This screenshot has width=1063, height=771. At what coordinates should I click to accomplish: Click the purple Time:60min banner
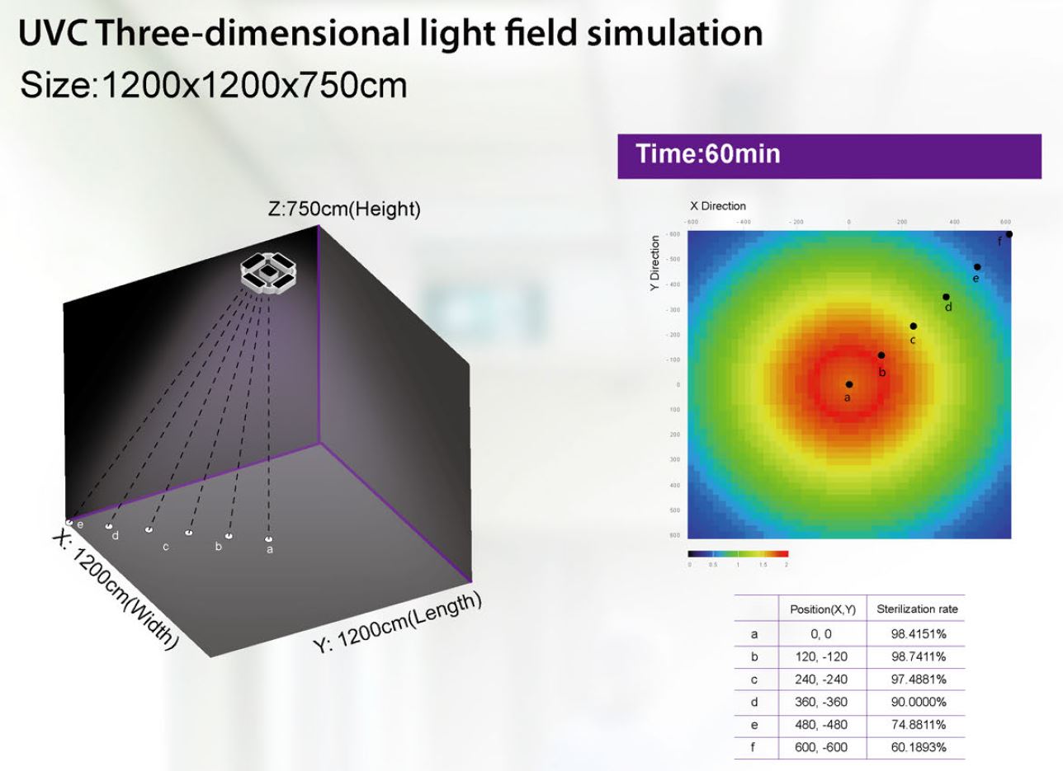click(829, 155)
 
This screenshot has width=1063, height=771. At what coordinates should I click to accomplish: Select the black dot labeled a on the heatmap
click(849, 384)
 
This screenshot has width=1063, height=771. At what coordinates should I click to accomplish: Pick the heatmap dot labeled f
click(1009, 234)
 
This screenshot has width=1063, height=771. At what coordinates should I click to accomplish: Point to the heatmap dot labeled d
click(946, 297)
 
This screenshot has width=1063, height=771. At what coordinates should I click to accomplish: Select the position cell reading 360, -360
click(822, 703)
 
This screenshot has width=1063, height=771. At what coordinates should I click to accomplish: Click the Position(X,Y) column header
click(822, 610)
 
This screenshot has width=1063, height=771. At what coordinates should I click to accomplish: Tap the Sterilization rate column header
click(917, 610)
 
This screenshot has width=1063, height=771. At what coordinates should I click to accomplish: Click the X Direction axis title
click(717, 206)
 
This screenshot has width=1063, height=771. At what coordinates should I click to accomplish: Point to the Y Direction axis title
click(655, 263)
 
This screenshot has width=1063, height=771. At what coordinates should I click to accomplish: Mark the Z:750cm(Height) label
click(344, 209)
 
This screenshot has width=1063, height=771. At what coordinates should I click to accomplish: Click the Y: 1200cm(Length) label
click(397, 623)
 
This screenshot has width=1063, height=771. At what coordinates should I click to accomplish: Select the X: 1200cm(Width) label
click(116, 590)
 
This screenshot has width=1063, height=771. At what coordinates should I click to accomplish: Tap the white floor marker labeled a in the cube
click(268, 540)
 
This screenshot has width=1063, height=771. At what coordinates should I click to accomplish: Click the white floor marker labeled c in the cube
click(149, 529)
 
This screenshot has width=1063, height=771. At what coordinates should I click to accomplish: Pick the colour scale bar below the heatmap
click(738, 554)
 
